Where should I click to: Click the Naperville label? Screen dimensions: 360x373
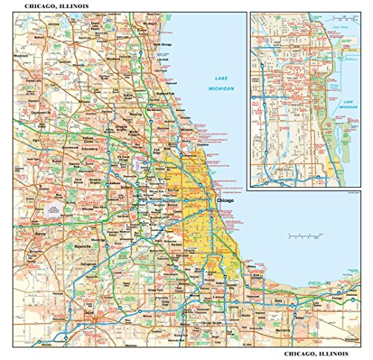(x=81, y=245)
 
